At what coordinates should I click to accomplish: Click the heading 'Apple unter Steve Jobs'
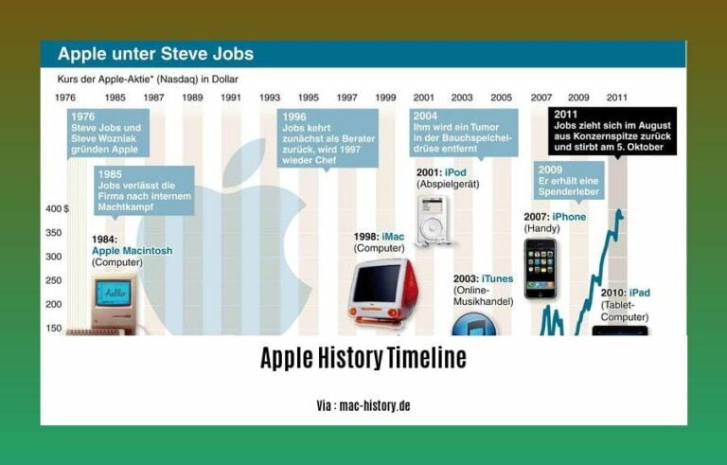[x=155, y=53]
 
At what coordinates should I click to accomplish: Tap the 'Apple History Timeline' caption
[x=363, y=359]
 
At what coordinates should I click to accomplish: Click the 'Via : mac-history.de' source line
[x=363, y=405]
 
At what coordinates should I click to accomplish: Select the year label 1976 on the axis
[x=66, y=98]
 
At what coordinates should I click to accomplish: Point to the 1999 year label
[x=385, y=98]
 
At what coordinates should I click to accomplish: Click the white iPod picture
[x=433, y=219]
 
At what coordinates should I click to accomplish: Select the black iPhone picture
[x=541, y=268]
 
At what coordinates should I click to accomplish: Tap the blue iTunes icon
[x=470, y=324]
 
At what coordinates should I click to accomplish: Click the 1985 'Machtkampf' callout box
[x=144, y=189]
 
